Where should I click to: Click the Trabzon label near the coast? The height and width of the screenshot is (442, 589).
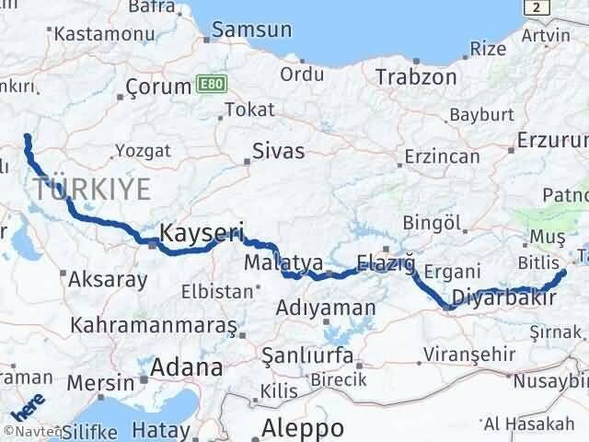416,77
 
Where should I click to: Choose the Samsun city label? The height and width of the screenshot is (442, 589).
251,30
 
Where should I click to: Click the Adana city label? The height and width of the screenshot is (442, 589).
188,367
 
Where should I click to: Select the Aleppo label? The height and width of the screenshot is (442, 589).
303,427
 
